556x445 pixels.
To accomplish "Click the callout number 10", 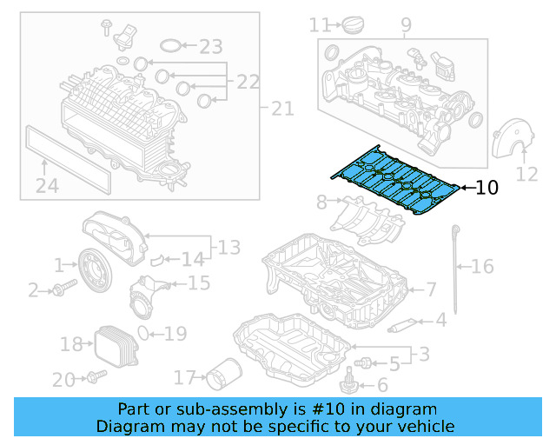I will [487, 187].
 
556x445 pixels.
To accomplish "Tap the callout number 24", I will [47, 184].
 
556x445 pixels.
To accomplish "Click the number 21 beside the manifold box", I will [283, 109].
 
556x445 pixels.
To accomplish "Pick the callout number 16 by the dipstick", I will [482, 267].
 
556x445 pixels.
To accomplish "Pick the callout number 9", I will [406, 25].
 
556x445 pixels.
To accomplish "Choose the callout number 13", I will [228, 248].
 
